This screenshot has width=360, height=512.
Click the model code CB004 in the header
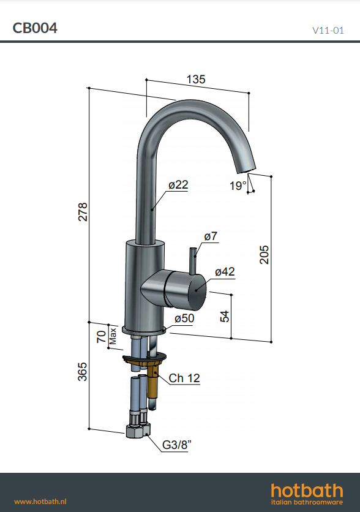[35, 28]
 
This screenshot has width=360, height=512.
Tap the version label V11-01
[328, 31]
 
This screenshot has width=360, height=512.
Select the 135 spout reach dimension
[196, 80]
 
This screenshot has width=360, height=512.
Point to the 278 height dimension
[83, 211]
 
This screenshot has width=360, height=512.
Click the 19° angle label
[238, 186]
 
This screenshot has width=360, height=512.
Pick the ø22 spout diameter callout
[178, 185]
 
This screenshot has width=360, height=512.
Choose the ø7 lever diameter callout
[211, 236]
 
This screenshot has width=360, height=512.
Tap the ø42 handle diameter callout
[225, 272]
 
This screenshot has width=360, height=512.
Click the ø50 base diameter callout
[184, 318]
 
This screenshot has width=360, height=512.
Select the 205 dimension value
[264, 255]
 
